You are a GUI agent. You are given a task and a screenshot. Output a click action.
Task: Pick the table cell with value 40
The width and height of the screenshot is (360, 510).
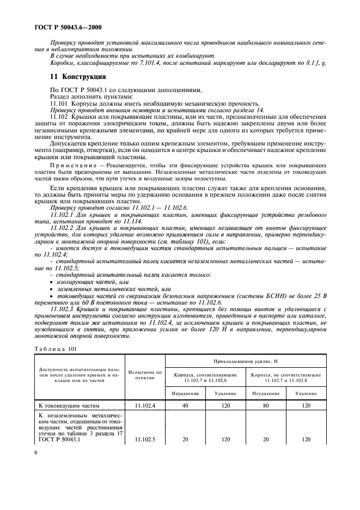(x=185, y=405)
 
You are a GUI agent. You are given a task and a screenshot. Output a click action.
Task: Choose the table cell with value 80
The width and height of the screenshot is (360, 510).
(x=265, y=405)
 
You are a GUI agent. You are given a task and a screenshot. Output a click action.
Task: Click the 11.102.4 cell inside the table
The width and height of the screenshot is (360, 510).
(x=145, y=405)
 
